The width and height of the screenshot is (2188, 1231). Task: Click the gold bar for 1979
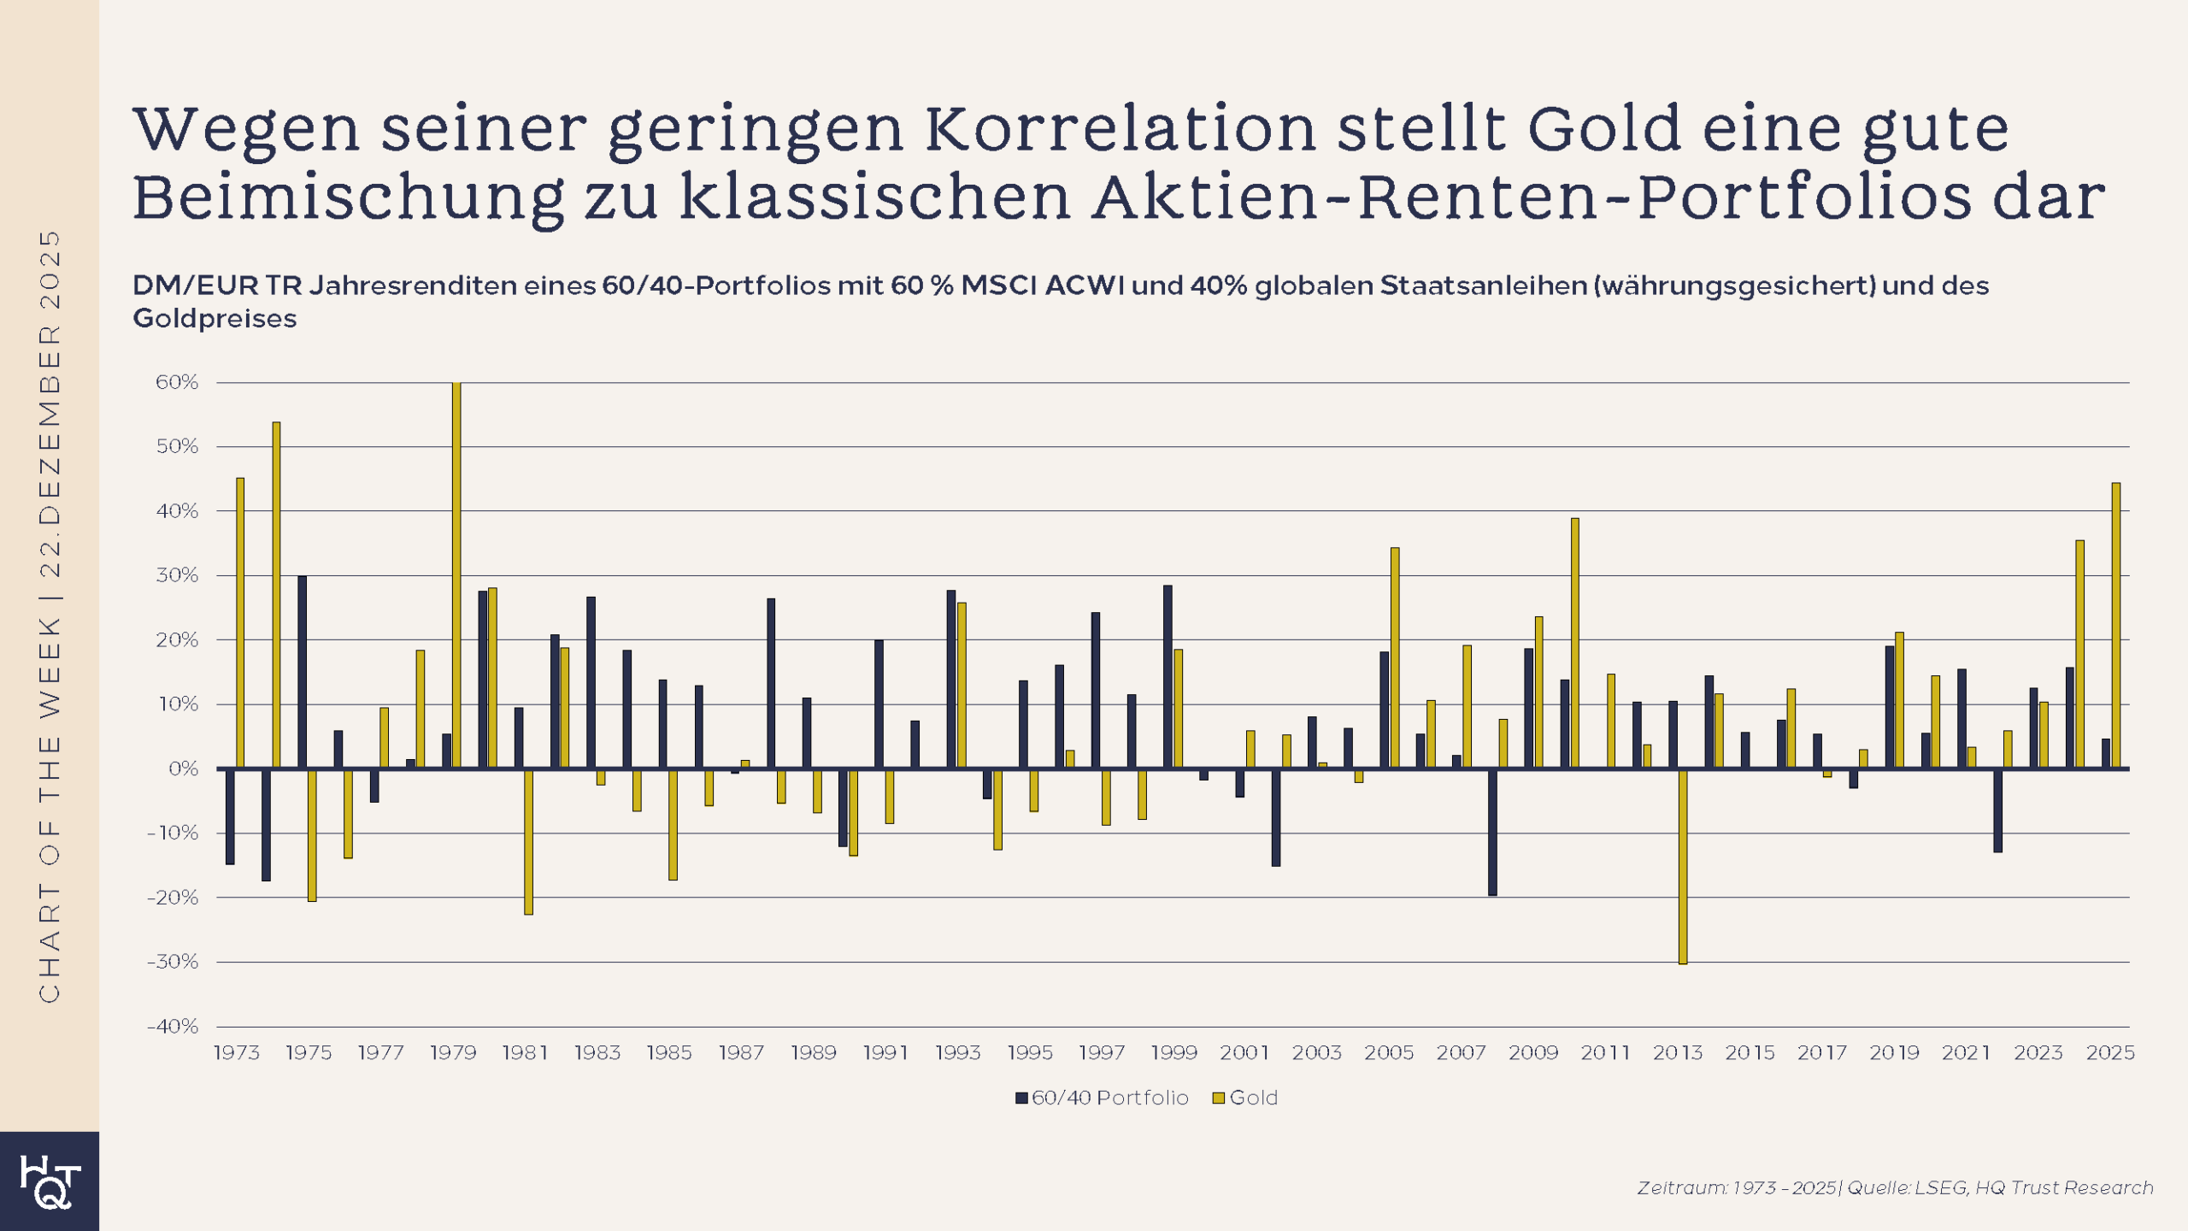(x=456, y=574)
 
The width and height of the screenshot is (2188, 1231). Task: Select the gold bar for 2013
(x=1683, y=866)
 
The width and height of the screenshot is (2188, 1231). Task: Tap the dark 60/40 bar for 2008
(x=1492, y=832)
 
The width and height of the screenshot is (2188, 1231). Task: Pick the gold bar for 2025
(x=2116, y=625)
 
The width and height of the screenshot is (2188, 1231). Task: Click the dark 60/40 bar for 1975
(x=302, y=672)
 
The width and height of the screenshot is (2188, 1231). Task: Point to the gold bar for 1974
(x=276, y=595)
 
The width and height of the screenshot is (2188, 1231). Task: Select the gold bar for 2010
(x=1575, y=643)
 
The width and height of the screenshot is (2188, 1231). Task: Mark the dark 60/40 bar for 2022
(x=1997, y=810)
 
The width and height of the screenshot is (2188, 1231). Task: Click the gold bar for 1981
(x=528, y=841)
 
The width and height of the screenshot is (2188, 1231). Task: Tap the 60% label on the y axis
(x=177, y=382)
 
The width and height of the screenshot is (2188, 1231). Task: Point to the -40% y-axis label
(x=174, y=1026)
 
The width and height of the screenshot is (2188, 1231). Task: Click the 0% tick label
(x=183, y=769)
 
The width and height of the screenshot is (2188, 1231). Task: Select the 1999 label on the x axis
(x=1173, y=1052)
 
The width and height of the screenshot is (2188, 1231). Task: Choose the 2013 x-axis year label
(x=1677, y=1052)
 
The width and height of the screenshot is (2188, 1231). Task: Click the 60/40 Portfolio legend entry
(x=1102, y=1098)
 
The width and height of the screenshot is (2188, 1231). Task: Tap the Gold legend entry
(x=1245, y=1098)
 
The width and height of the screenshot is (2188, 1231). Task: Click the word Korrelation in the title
(x=1120, y=128)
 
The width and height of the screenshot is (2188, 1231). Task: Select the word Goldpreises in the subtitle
(x=215, y=318)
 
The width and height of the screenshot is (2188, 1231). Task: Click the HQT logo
(x=50, y=1181)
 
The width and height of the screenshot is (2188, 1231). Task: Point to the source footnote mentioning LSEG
(x=1894, y=1187)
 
